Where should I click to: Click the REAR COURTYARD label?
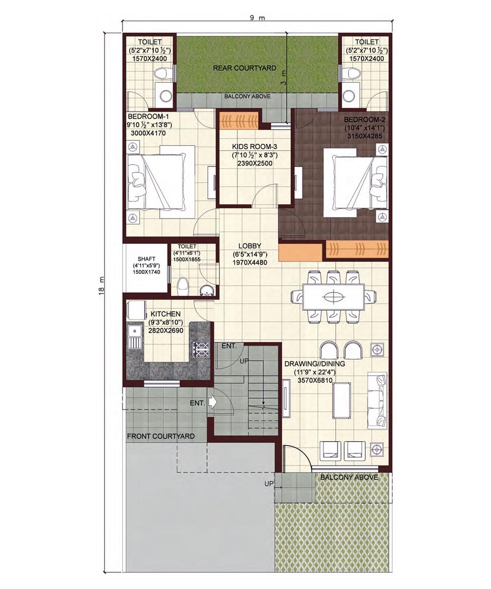pyautogui.click(x=245, y=68)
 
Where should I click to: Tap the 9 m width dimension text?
pyautogui.click(x=257, y=18)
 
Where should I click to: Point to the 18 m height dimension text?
pyautogui.click(x=102, y=286)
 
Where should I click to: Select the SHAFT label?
pyautogui.click(x=146, y=259)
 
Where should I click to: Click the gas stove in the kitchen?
pyautogui.click(x=201, y=349)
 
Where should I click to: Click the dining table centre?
pyautogui.click(x=333, y=297)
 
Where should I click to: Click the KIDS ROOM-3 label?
pyautogui.click(x=254, y=146)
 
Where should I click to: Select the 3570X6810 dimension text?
pyautogui.click(x=315, y=380)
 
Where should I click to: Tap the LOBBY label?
pyautogui.click(x=250, y=246)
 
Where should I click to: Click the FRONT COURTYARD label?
pyautogui.click(x=161, y=436)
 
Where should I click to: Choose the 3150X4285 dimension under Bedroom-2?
pyautogui.click(x=365, y=136)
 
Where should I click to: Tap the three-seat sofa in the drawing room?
pyautogui.click(x=377, y=400)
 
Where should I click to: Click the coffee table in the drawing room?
pyautogui.click(x=342, y=401)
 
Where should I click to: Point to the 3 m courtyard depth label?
pyautogui.click(x=284, y=78)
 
